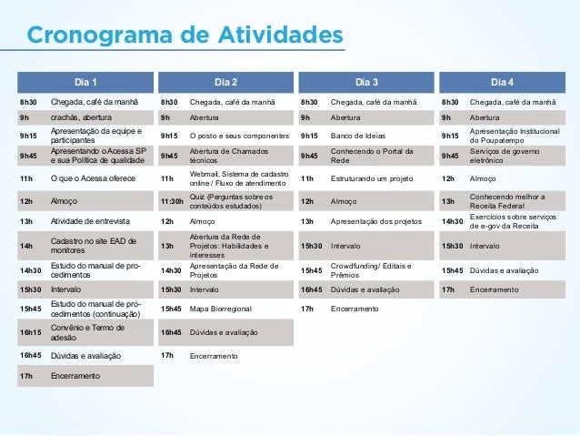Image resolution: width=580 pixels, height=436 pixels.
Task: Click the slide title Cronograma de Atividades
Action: (185, 35)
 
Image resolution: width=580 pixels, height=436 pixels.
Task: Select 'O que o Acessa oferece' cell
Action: (92, 178)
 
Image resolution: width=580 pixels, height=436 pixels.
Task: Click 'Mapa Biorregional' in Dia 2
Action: (220, 309)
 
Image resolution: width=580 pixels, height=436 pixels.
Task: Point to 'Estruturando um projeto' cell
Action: (374, 178)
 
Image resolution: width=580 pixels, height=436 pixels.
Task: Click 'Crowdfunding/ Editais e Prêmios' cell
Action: (372, 270)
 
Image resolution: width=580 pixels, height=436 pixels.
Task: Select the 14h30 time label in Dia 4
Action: (454, 221)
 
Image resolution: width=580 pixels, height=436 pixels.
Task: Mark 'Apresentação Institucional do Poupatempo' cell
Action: (515, 137)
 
